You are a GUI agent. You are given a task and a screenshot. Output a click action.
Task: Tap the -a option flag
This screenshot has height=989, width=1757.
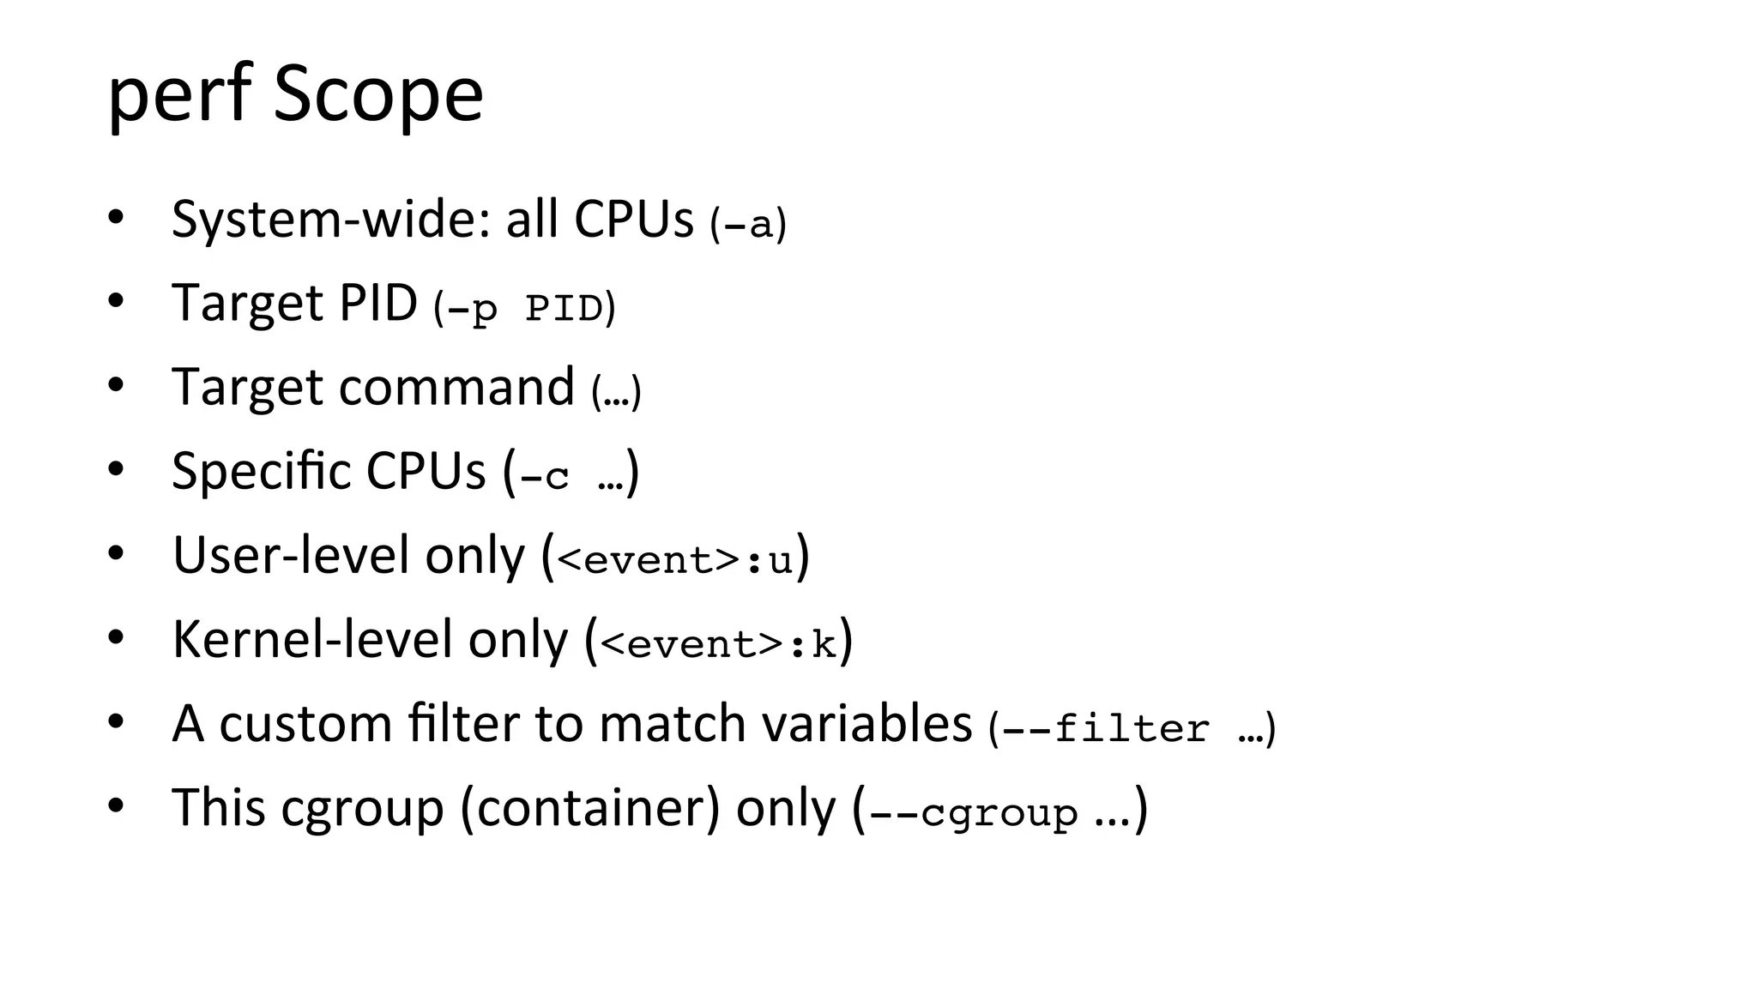coord(748,224)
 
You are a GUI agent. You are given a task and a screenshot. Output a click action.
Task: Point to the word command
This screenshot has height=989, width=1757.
coord(456,388)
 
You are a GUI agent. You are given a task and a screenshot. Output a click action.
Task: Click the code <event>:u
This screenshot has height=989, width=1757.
coord(675,559)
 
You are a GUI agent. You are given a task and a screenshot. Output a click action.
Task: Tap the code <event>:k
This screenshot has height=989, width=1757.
coord(718,643)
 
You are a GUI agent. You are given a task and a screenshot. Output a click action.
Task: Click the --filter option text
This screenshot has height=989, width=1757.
coord(1106,728)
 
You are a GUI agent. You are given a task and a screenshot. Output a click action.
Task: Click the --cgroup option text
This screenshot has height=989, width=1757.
coord(974,811)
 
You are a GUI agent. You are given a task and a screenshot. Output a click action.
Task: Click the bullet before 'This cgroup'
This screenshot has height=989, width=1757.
coord(117,806)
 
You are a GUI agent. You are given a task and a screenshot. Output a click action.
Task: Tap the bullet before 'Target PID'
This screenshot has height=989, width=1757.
coord(117,301)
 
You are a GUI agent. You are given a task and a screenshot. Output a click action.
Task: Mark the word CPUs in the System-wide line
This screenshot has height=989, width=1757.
coord(633,220)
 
